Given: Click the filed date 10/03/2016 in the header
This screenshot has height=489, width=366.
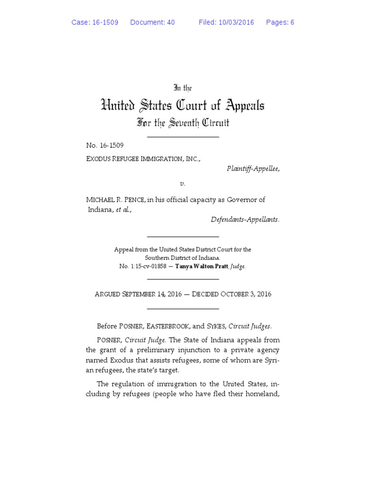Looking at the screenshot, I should coord(236,22).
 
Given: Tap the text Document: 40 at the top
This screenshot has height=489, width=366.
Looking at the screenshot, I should coord(152,22).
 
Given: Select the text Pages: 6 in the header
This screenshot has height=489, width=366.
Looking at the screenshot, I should coord(280,22).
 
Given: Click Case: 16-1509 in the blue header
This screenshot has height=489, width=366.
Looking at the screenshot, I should coord(95,22).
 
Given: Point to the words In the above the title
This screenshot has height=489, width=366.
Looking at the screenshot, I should coord(183,88).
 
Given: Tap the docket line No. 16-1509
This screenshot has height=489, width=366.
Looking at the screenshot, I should coord(105,145).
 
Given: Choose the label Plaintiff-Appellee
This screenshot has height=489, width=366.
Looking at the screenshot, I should coord(253,169).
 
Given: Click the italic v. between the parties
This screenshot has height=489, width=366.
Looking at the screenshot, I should coord(183,183).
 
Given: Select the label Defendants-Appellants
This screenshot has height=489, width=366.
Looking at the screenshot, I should coord(245,220).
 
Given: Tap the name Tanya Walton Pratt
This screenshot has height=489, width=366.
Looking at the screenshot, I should coord(202,266).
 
